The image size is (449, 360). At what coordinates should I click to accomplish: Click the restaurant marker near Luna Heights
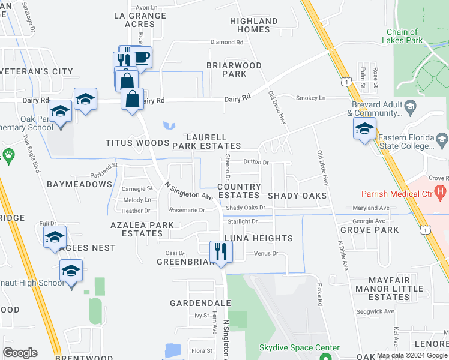tap(221, 253)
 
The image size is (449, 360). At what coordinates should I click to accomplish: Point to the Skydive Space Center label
tap(291, 348)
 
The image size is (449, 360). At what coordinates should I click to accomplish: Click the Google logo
tap(20, 353)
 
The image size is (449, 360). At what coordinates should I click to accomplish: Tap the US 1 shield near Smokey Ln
tap(345, 80)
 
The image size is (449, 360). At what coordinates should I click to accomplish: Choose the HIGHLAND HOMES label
tap(254, 25)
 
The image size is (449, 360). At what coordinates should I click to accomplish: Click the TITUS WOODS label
tap(137, 143)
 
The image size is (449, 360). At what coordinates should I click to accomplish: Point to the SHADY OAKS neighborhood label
tap(297, 196)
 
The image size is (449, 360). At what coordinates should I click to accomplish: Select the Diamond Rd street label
tap(227, 43)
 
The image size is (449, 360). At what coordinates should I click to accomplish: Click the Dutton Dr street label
tap(256, 162)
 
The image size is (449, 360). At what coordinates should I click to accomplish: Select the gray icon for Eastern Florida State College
tap(442, 140)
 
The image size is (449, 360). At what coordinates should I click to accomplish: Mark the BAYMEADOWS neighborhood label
tap(79, 184)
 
